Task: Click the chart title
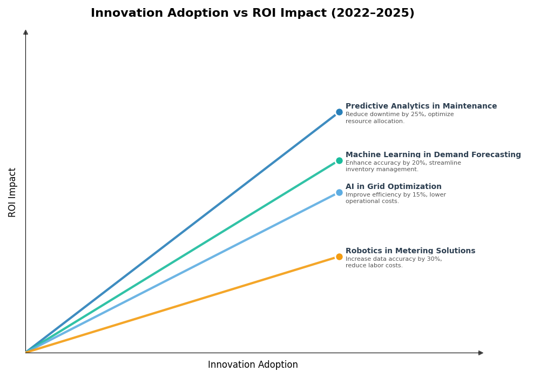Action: point(252,13)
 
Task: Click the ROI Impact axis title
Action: point(12,192)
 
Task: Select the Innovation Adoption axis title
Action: point(253,365)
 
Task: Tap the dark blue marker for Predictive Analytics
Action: point(339,112)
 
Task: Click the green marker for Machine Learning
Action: point(339,160)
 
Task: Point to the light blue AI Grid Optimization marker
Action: point(339,192)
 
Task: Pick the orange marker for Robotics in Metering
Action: point(339,256)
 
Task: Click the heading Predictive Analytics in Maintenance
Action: point(421,106)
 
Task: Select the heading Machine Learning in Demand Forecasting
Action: point(433,155)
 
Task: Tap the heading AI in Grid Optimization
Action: point(393,187)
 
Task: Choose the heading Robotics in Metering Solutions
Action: point(410,251)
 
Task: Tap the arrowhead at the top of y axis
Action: point(25,32)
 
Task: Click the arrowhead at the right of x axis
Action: point(481,353)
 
